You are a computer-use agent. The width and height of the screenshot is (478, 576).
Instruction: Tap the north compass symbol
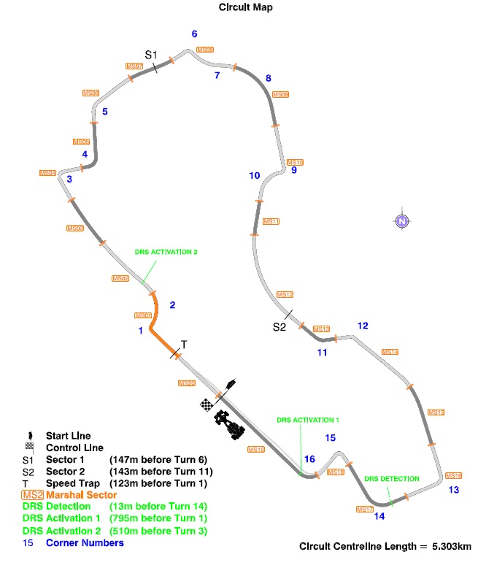tap(401, 221)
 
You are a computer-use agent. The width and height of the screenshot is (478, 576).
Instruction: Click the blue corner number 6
tap(194, 34)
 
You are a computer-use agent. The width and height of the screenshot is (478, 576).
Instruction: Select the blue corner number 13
tap(454, 489)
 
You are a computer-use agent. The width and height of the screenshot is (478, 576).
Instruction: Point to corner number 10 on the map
tap(254, 175)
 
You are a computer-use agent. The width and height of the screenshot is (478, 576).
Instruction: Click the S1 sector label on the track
tap(150, 55)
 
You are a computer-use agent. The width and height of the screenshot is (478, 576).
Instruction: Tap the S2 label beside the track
tap(279, 326)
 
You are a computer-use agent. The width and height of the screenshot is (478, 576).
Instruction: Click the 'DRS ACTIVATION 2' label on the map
tap(166, 252)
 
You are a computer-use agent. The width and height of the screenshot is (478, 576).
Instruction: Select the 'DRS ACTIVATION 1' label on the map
tap(308, 421)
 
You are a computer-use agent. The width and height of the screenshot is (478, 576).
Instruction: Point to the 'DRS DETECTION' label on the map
tap(392, 478)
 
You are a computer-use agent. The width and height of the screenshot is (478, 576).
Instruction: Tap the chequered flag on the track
tap(207, 404)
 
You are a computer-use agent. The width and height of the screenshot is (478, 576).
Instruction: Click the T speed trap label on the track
tap(184, 344)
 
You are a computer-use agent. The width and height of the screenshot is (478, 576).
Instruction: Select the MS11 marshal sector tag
tap(271, 221)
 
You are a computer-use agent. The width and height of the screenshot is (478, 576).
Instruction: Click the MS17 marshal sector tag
tap(364, 508)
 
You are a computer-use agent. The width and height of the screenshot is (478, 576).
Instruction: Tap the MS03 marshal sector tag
tap(75, 229)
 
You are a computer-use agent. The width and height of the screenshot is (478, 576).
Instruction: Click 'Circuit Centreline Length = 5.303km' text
tap(385, 546)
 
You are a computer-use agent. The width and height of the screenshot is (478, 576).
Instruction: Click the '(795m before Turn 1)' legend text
tap(158, 518)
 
